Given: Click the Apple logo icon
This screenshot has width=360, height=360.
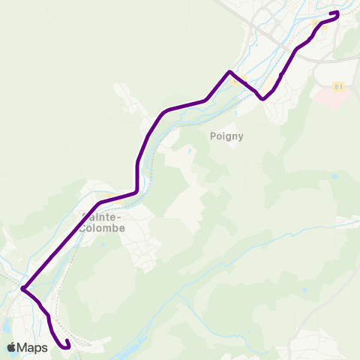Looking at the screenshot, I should click(11, 347).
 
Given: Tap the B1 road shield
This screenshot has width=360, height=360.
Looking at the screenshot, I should click(338, 87).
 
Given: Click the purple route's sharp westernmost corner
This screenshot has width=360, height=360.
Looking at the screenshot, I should click(23, 289).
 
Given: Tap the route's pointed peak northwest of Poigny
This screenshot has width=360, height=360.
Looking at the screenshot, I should click(229, 71).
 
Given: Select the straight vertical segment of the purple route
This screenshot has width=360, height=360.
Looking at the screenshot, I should click(136, 177).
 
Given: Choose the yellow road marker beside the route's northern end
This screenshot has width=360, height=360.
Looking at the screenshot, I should click(313, 24).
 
